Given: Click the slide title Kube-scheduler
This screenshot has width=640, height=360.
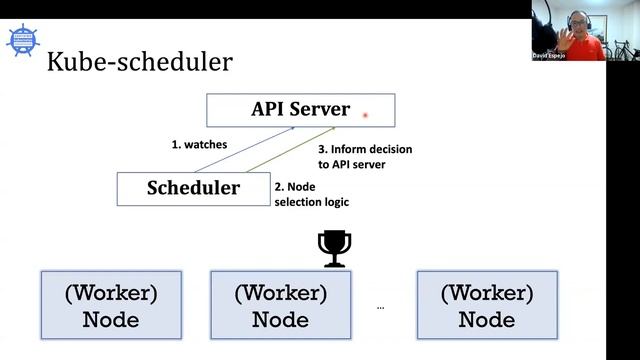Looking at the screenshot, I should coord(140,62).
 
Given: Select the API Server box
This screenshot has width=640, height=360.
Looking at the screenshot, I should coord(300,109).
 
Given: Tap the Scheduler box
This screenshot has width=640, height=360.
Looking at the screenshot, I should coord(193,188).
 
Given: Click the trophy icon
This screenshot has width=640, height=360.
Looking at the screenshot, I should coord(333,248).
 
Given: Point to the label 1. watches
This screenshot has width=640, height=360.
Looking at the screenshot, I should coord(199,144).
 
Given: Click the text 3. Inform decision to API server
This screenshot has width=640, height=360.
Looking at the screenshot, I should coord(371,156).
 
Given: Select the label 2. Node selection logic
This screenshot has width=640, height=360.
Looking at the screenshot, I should coord(311,194).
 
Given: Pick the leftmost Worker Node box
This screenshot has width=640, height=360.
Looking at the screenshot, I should coord(111,305).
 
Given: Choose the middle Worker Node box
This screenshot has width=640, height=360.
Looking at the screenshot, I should coord(280,305).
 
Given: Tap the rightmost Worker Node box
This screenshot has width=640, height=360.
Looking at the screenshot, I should coord(486,305).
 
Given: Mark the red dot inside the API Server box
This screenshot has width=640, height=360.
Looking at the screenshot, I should coord(366,115).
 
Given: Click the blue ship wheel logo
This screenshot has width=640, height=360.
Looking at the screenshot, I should coord(22,39).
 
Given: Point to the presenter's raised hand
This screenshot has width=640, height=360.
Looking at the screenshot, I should coord(566,37).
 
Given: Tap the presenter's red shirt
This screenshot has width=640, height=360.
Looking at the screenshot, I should coord(590,47).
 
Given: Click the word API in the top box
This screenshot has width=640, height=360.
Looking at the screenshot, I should coord(267,109).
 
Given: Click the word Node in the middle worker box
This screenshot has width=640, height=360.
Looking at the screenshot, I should coord(280,320).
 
